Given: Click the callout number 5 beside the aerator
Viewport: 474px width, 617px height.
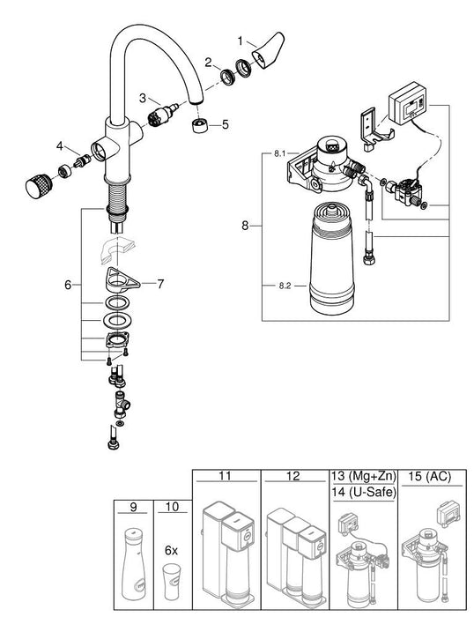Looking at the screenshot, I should tap(225, 124).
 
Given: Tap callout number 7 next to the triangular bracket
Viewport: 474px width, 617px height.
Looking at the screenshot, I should tap(159, 284).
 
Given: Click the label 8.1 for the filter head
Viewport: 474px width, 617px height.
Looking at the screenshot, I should tap(279, 153).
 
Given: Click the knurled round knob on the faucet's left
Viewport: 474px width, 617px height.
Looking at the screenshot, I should tap(36, 188).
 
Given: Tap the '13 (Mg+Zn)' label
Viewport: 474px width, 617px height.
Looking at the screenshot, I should tap(361, 477).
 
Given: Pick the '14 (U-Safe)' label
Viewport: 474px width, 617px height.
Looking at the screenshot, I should tap(361, 492).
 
